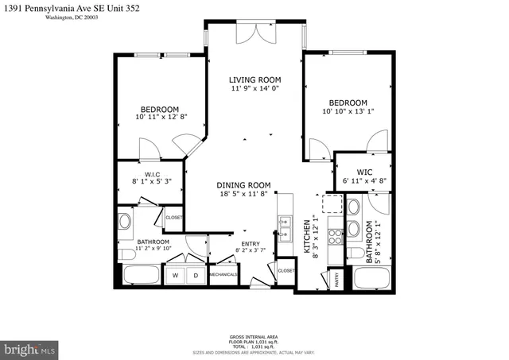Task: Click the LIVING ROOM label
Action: (255, 80)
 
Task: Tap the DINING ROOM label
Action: (244, 185)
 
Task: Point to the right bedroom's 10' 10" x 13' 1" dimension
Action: (348, 112)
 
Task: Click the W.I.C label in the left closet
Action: (153, 175)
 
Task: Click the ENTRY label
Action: (251, 245)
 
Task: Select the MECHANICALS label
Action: (223, 275)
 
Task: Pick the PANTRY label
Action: (336, 279)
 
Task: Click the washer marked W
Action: (175, 275)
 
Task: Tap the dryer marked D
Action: (195, 275)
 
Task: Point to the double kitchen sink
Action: (284, 227)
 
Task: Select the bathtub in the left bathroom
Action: (142, 277)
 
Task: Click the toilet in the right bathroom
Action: (352, 251)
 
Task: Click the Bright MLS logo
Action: (29, 349)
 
